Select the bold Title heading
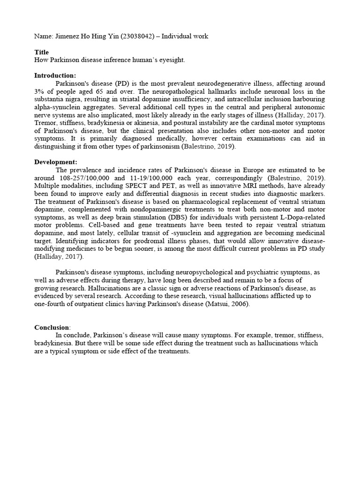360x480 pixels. [x=41, y=52]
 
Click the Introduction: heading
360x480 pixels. [x=55, y=75]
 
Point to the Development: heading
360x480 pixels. [x=55, y=162]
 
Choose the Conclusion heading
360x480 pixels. [x=52, y=327]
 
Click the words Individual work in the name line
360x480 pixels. [x=186, y=36]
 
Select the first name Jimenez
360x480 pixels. [x=67, y=36]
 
